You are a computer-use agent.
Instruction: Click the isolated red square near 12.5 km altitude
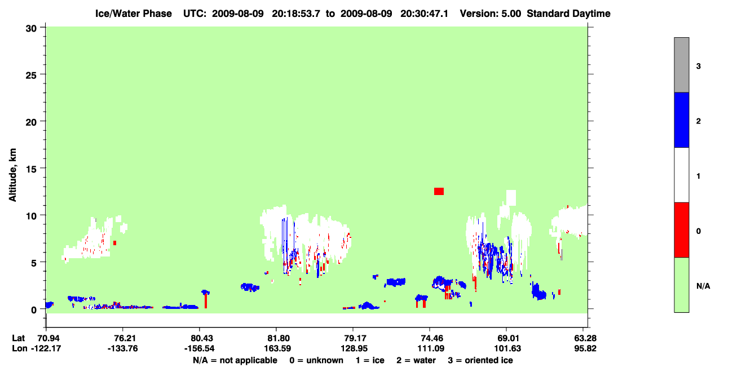[439, 192]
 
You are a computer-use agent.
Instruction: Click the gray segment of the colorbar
[682, 65]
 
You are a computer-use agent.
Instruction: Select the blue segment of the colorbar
[682, 120]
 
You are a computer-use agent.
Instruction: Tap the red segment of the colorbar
[682, 230]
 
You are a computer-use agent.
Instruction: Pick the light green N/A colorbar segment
[682, 285]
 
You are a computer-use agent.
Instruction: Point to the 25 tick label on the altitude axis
[31, 76]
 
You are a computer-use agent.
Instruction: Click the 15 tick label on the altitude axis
[31, 169]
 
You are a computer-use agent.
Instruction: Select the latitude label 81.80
[277, 338]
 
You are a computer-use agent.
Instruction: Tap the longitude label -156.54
[199, 348]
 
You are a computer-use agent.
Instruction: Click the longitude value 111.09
[431, 348]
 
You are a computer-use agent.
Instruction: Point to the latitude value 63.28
[585, 338]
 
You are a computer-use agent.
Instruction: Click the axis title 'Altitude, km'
[12, 175]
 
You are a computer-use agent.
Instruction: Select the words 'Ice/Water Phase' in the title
[134, 14]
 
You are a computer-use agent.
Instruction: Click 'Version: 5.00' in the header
[490, 14]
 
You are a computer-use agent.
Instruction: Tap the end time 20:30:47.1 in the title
[424, 14]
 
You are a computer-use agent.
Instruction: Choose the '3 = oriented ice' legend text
[480, 360]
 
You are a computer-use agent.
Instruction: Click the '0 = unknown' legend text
[316, 360]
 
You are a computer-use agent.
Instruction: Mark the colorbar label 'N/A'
[703, 286]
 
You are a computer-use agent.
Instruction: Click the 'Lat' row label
[18, 338]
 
